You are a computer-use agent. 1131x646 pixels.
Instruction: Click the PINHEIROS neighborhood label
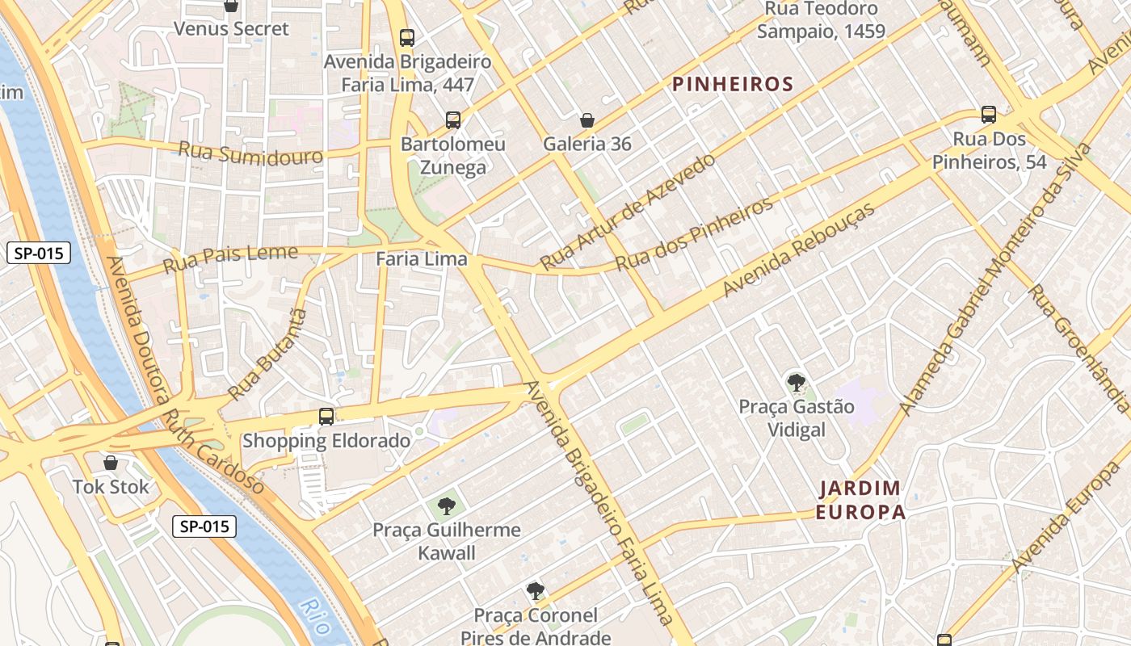pos(733,84)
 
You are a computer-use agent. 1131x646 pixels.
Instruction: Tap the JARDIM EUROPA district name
pos(860,500)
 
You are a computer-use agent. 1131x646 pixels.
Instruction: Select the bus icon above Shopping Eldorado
pos(326,417)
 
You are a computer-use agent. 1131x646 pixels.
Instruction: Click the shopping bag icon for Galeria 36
pos(587,120)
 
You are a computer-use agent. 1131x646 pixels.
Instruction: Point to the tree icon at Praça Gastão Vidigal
pos(796,382)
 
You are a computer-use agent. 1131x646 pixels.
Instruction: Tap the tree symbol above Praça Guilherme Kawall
pos(446,506)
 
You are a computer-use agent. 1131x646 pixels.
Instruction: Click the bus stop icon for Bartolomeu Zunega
pos(453,120)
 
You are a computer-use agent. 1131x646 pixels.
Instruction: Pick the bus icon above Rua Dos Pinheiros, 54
pos(988,115)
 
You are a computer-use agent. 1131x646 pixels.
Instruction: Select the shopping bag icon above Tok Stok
pos(111,463)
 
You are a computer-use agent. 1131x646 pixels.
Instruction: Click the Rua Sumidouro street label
pos(250,153)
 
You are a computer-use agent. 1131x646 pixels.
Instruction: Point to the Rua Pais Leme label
pos(230,259)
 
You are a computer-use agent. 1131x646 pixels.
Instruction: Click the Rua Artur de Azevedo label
pos(627,212)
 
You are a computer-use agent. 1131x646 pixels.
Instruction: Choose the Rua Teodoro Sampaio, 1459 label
pos(821,20)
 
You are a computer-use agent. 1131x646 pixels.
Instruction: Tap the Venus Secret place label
pos(231,29)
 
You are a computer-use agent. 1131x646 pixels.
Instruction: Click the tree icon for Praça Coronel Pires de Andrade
pos(535,591)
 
